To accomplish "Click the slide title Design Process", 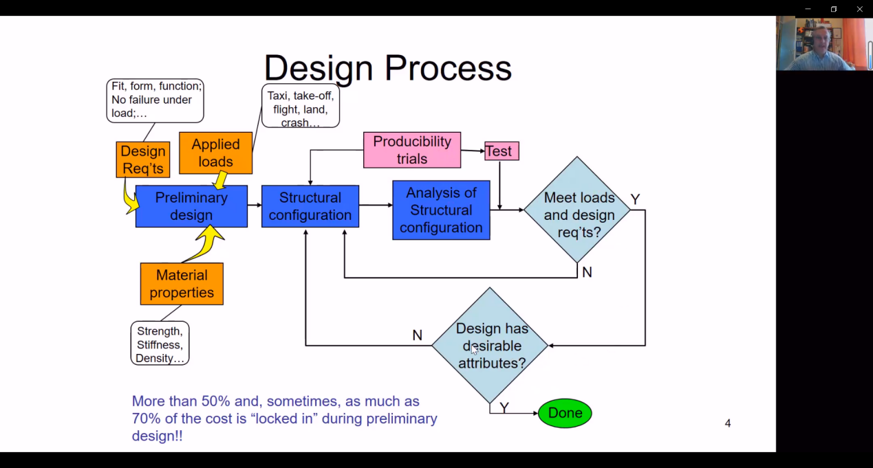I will coord(387,69).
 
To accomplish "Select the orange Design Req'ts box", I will coord(143,160).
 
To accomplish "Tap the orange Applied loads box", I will coord(215,153).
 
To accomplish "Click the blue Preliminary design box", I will coord(191,206).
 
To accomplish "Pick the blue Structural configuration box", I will coord(310,206).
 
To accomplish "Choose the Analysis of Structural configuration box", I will coord(441,210).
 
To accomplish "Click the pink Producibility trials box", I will coord(412,150).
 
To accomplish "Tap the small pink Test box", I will coord(502,151).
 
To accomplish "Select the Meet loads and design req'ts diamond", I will coord(577,210).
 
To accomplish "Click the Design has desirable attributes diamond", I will coord(490,346).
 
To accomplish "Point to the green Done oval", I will coord(565,413).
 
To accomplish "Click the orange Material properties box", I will coord(182,284).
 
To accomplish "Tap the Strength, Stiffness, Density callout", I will coord(160,344).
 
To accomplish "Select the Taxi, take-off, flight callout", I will coord(301,106).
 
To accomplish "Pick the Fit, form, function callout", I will coord(155,100).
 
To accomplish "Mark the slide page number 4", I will coord(728,423).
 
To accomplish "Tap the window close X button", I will coord(859,9).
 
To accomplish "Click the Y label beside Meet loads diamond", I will coord(635,199).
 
